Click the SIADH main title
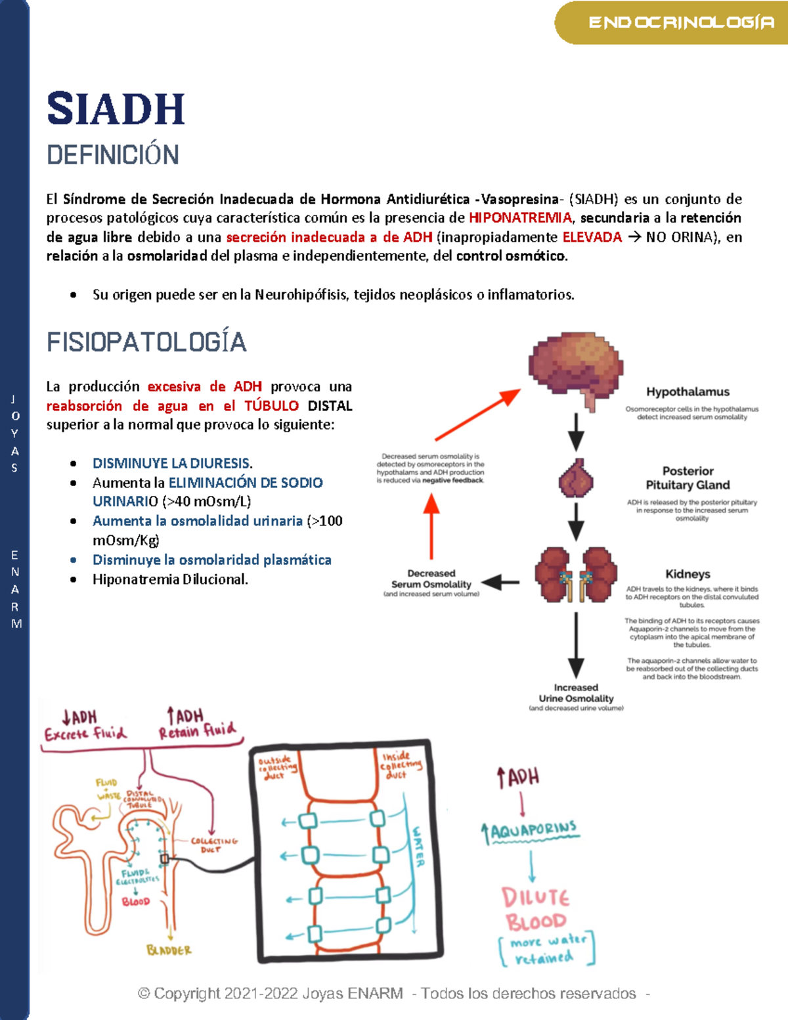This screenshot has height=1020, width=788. click(116, 109)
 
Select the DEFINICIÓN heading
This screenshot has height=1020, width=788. click(113, 155)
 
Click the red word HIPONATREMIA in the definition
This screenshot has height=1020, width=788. click(520, 217)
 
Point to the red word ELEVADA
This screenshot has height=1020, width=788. click(592, 237)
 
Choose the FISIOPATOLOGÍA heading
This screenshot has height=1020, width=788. click(146, 342)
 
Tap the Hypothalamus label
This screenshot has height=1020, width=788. click(688, 392)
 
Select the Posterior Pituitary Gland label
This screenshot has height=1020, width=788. click(688, 478)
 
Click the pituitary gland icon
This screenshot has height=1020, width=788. click(576, 479)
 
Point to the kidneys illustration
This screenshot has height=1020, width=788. click(576, 575)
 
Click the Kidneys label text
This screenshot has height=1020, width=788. click(688, 574)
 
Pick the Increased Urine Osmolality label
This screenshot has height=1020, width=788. click(576, 694)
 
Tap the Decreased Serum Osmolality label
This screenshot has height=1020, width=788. click(431, 579)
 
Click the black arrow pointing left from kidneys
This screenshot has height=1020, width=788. click(501, 582)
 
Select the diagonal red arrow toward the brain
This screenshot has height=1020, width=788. click(477, 414)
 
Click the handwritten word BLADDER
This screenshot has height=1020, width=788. click(169, 950)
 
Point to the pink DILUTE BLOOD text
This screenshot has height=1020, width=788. click(535, 909)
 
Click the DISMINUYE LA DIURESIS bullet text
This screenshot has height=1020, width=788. click(172, 463)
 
